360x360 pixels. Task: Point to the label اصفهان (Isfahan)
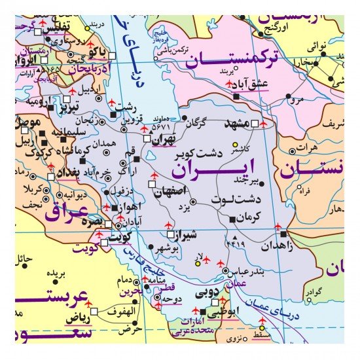point(172,190)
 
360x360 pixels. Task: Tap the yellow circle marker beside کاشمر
point(236,145)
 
